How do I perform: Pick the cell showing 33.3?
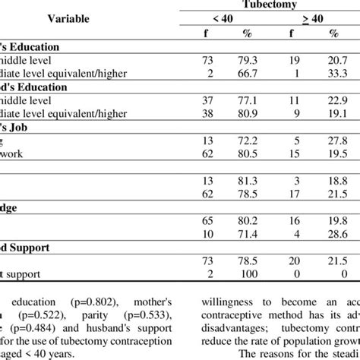(332, 73)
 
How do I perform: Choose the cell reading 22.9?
(332, 100)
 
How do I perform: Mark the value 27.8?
(332, 141)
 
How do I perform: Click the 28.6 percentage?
(332, 234)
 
